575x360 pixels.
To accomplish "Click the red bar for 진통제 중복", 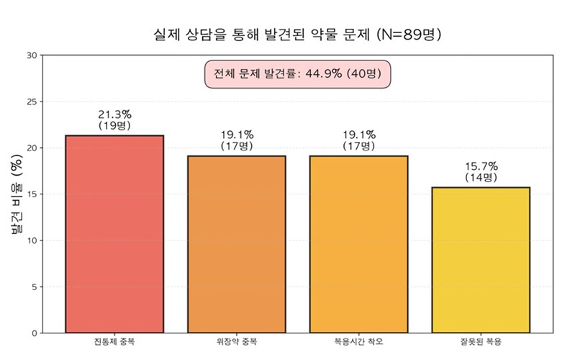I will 114,234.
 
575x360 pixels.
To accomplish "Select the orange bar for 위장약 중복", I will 236,244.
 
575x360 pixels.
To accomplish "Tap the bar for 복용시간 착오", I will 358,244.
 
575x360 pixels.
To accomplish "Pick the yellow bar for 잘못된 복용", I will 481,260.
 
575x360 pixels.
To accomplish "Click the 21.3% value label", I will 114,114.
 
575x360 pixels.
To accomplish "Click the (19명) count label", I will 114,126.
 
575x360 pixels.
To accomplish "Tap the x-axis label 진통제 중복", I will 114,341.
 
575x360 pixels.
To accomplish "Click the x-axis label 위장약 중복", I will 236,341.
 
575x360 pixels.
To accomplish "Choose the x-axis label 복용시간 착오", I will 358,341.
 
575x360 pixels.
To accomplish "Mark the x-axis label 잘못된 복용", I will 481,341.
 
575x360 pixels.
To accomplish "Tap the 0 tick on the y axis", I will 33,333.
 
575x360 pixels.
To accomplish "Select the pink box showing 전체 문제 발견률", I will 297,74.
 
